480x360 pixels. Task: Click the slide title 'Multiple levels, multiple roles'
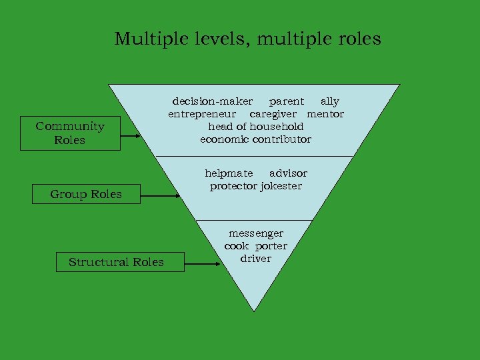[x=247, y=39]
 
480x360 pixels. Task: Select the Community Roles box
[x=70, y=133]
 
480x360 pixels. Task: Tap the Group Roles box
[x=86, y=195]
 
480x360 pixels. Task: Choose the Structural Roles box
[x=116, y=262]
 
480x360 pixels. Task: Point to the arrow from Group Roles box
[x=160, y=196]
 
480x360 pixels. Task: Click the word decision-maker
[x=213, y=102]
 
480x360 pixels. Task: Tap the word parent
[x=286, y=102]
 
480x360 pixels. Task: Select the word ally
[x=330, y=102]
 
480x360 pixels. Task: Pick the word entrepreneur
[x=199, y=114]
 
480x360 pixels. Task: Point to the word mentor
[x=325, y=114]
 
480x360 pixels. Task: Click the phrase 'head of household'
[x=255, y=127]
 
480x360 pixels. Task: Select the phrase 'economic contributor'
[x=255, y=139]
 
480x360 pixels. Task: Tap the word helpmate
[x=229, y=173]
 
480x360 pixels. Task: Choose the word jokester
[x=281, y=186]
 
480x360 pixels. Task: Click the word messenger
[x=256, y=233]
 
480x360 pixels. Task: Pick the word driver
[x=256, y=259]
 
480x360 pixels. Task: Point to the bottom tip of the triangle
[x=255, y=309]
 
